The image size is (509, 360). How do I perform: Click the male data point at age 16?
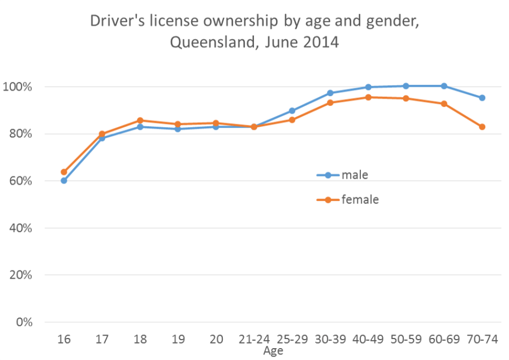64,181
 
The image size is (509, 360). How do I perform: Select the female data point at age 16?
64,172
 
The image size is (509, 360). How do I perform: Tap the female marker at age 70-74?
482,127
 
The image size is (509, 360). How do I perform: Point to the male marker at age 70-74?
482,98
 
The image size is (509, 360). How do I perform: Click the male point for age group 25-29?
292,111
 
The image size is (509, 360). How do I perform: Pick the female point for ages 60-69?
444,103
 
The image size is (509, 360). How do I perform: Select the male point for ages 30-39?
330,93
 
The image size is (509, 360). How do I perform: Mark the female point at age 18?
140,120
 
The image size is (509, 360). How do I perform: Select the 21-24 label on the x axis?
254,340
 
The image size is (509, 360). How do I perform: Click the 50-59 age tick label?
406,340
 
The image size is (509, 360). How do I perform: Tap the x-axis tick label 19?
178,340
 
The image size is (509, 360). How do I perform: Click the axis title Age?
273,351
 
